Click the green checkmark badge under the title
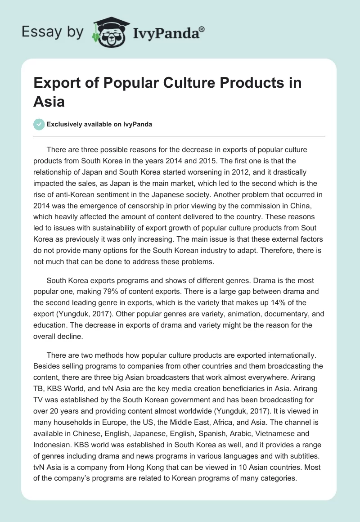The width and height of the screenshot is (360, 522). [x=39, y=125]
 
